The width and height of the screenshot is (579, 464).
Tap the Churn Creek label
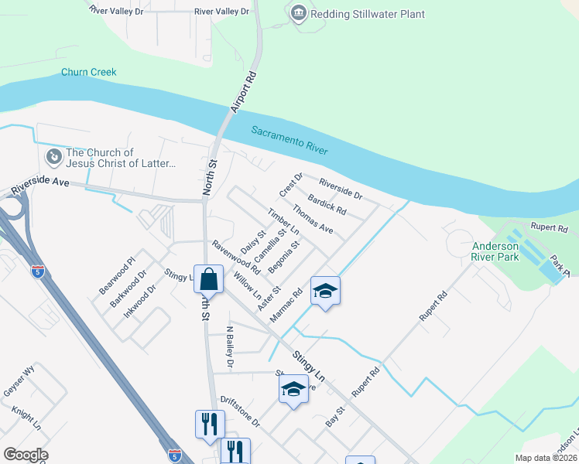[x=89, y=73]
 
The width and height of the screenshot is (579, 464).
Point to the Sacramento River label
[x=289, y=141]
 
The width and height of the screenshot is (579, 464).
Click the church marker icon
[x=53, y=158]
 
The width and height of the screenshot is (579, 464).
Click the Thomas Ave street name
[x=312, y=219]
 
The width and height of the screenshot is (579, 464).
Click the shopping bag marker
[x=209, y=278]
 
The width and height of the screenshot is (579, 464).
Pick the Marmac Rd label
[x=286, y=306]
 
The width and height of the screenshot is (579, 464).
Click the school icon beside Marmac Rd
[x=325, y=291]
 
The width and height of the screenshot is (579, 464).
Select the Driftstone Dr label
[x=240, y=413]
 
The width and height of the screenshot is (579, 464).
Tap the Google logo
[x=26, y=455]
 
